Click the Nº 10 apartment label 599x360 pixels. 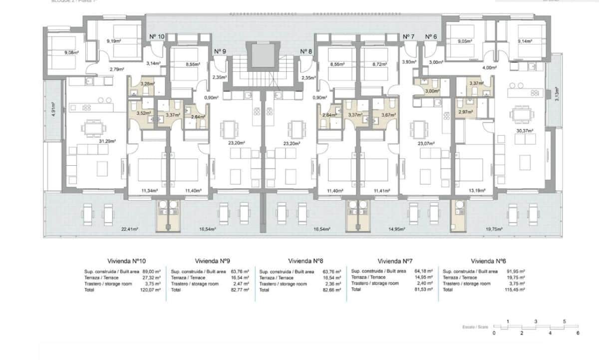pos(157,36)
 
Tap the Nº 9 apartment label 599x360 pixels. pos(220,51)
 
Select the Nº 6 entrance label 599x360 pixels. pos(431,36)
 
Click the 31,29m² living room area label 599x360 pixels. pos(107,141)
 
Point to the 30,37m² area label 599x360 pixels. pos(525,130)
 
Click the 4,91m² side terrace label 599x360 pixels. pos(53,109)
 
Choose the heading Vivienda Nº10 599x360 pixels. pos(126,261)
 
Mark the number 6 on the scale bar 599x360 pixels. pos(578,333)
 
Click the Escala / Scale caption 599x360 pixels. pos(475,328)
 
